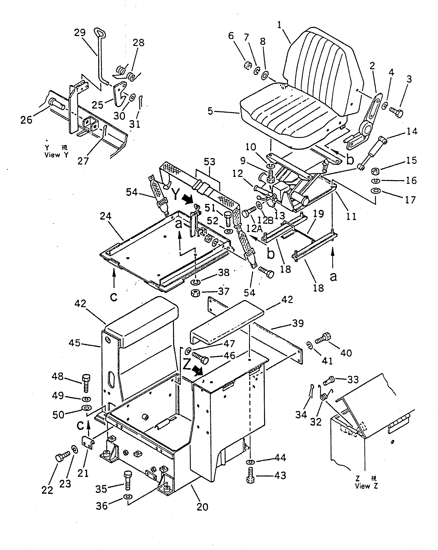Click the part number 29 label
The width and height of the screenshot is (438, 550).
80,33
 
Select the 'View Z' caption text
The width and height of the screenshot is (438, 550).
366,486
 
